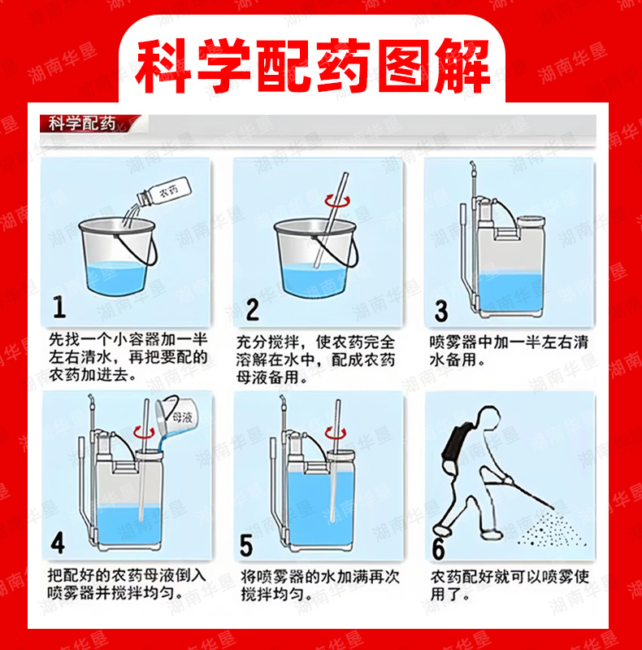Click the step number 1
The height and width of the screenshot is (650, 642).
[59, 307]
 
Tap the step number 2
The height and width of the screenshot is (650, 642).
[252, 309]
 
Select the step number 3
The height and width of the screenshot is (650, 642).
[440, 311]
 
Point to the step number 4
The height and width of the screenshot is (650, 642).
[58, 543]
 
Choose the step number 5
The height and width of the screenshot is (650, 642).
[246, 546]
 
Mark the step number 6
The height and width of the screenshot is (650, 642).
[438, 548]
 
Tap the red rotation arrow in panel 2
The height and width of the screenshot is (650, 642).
[336, 201]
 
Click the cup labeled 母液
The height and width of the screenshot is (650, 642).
[177, 417]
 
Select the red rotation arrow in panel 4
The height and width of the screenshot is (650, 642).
[143, 433]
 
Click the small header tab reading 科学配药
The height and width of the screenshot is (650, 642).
[82, 124]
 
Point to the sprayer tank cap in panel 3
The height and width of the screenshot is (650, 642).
[531, 221]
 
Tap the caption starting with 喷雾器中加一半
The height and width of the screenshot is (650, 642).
[509, 351]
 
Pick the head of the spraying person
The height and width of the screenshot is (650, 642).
[488, 416]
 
